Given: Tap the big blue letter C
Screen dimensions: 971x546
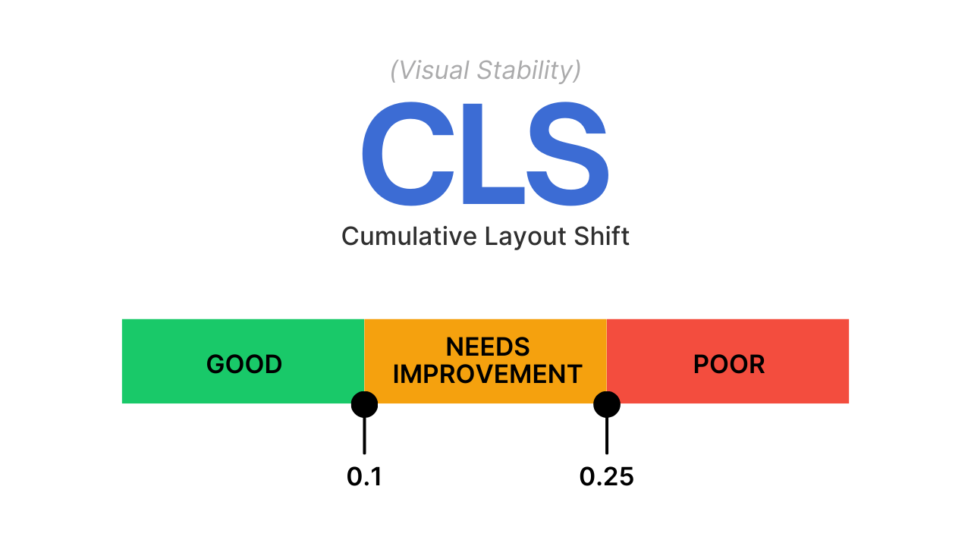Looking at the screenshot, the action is tap(408, 154).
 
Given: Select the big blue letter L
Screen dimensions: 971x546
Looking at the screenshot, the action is tap(494, 153).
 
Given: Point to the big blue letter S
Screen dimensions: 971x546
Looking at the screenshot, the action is tap(568, 154).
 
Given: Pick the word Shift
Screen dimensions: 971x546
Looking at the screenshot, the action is tap(602, 236).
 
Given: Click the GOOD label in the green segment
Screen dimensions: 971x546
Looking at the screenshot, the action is tap(244, 364).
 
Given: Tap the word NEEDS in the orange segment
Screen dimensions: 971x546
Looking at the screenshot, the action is tap(488, 347).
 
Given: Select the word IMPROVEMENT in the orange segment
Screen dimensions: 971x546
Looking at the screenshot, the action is tap(487, 374).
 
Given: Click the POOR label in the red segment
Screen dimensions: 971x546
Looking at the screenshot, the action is tap(729, 364).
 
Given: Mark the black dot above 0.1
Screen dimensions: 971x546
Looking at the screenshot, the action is tap(365, 404).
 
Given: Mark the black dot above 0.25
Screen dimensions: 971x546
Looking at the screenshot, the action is tap(607, 404).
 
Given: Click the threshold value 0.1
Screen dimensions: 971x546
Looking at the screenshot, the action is tap(364, 477).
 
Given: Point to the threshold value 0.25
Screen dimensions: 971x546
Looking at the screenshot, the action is tap(606, 477).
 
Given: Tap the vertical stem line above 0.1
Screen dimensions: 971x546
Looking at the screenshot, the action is tap(365, 435).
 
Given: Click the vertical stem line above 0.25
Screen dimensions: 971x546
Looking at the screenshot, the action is tap(607, 435).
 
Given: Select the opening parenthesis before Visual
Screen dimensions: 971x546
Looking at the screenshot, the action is tap(394, 71).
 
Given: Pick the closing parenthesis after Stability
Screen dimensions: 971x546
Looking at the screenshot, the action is tap(577, 71).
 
